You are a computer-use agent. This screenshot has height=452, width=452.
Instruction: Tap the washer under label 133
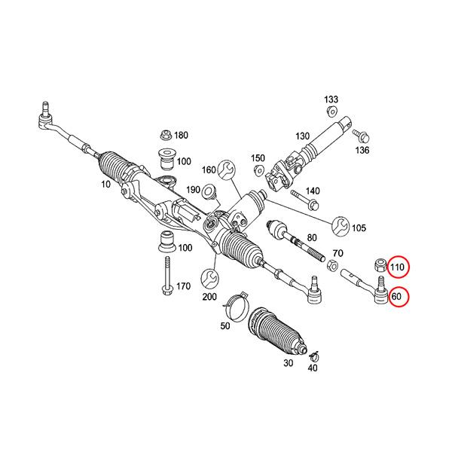pyautogui.click(x=331, y=112)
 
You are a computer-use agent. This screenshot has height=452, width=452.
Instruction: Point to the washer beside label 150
pyautogui.click(x=259, y=171)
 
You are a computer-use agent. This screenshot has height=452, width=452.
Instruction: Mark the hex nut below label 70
pyautogui.click(x=331, y=266)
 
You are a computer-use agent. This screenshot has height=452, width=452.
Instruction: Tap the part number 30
pyautogui.click(x=287, y=363)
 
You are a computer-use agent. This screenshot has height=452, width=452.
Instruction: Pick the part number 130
pyautogui.click(x=303, y=136)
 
